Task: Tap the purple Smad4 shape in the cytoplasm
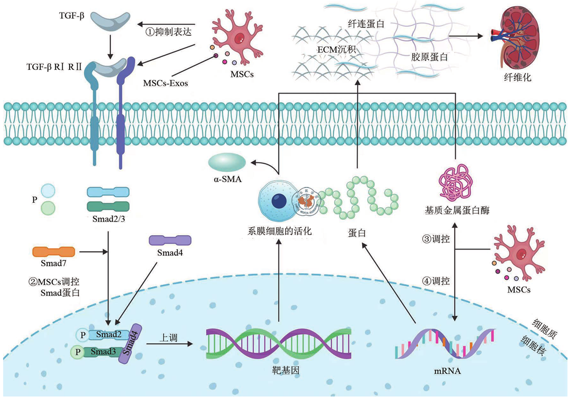click(x=170, y=240)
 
